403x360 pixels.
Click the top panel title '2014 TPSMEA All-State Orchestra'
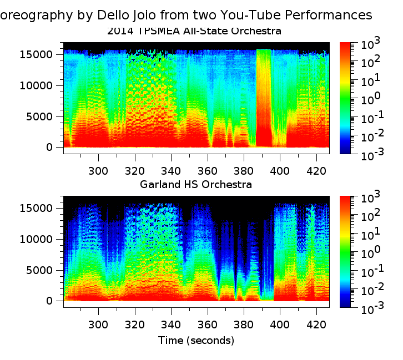[194, 31]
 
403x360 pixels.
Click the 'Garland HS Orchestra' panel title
[196, 184]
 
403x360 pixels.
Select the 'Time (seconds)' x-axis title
[196, 339]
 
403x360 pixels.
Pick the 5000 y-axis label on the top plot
[46, 116]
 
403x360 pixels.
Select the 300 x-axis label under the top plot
[99, 170]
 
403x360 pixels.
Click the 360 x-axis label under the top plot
[207, 170]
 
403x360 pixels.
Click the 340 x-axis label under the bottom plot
[171, 324]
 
